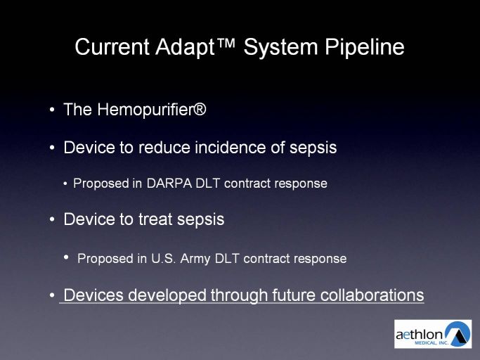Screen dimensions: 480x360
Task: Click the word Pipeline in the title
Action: pyautogui.click(x=365, y=48)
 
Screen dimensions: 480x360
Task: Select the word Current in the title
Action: pyautogui.click(x=112, y=47)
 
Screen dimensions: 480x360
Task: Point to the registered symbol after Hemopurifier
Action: pyautogui.click(x=200, y=109)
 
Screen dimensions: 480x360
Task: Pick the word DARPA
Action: pyautogui.click(x=169, y=184)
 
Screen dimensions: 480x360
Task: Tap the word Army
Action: pyautogui.click(x=195, y=259)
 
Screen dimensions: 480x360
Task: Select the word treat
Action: pyautogui.click(x=155, y=219)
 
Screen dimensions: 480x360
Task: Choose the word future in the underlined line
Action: pyautogui.click(x=294, y=295)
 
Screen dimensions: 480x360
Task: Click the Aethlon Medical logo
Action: pyautogui.click(x=433, y=334)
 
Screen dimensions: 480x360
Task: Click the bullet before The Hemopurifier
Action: pyautogui.click(x=52, y=110)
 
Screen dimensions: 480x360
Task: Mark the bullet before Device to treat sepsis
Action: pyautogui.click(x=52, y=219)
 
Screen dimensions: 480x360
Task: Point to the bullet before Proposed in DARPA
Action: pyautogui.click(x=65, y=184)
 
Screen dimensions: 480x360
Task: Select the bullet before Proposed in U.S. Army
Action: pyautogui.click(x=67, y=257)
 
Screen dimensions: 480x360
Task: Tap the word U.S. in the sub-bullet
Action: pyautogui.click(x=163, y=259)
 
